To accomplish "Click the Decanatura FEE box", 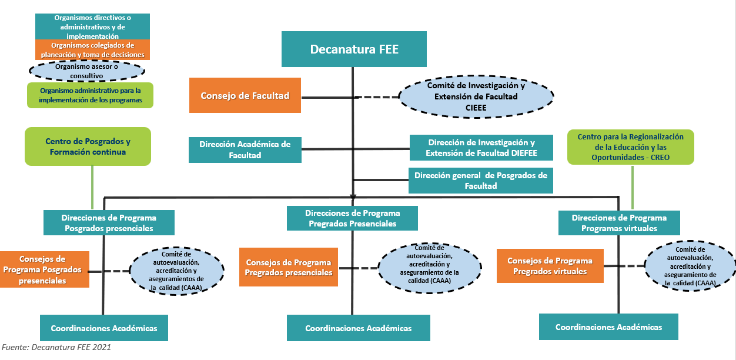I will click(354, 49).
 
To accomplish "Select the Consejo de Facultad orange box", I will click(245, 95).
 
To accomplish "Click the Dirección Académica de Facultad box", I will click(245, 150).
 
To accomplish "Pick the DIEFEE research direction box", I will click(481, 148).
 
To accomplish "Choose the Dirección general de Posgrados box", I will click(481, 181).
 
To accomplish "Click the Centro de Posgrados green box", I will click(88, 146).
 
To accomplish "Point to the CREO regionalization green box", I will click(630, 146).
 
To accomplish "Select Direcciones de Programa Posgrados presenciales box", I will click(109, 223).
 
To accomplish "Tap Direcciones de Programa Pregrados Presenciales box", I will click(352, 218).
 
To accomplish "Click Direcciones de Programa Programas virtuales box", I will click(619, 223).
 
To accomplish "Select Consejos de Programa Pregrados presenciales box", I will click(288, 267).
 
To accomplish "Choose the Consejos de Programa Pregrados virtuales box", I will click(550, 266).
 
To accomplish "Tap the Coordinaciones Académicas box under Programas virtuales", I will click(608, 327).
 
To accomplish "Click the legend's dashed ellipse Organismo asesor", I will click(87, 71).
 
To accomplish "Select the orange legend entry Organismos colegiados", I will click(92, 49).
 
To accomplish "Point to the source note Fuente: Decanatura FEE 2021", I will click(56, 347).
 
